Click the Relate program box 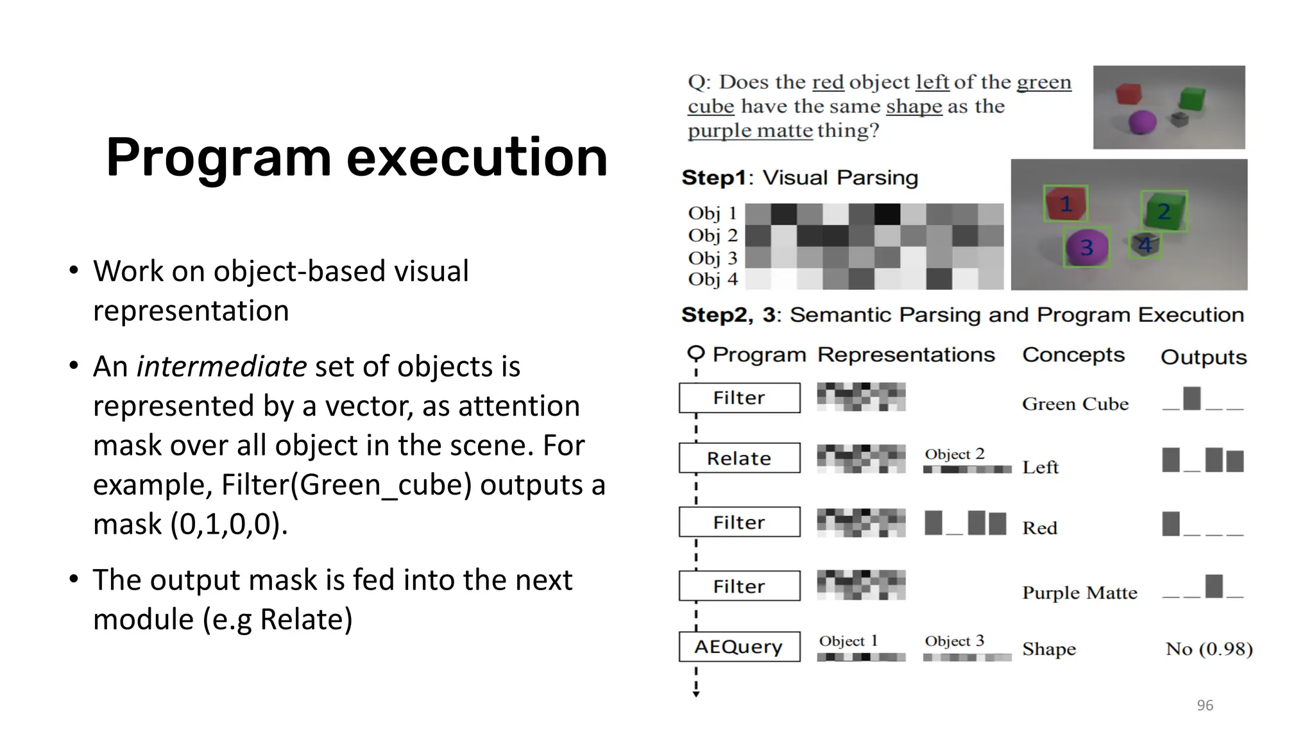(x=739, y=458)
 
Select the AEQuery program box (x=739, y=647)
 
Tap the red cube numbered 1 (x=1065, y=204)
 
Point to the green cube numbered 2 (x=1163, y=211)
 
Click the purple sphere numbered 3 (x=1086, y=247)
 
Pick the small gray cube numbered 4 (x=1145, y=245)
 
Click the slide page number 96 (x=1204, y=706)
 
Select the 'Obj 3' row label (x=712, y=258)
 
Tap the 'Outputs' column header (x=1203, y=357)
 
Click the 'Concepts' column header (x=1073, y=355)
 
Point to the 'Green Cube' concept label (x=1075, y=404)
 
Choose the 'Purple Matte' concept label (x=1079, y=593)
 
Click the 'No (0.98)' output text (x=1209, y=649)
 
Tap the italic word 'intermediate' (x=221, y=367)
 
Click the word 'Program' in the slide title (x=218, y=158)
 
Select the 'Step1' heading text (x=713, y=178)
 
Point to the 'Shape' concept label (x=1048, y=649)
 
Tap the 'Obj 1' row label (x=712, y=213)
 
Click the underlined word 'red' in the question (x=828, y=83)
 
